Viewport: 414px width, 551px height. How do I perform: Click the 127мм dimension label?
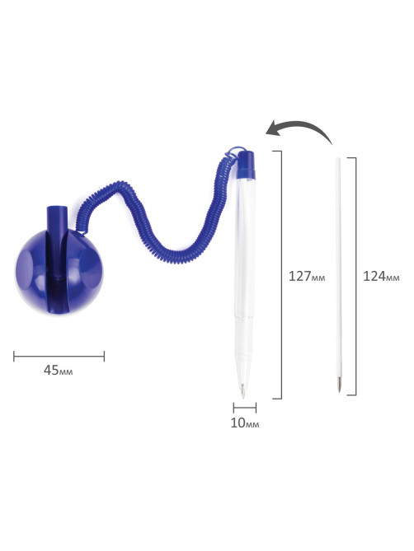tap(307, 276)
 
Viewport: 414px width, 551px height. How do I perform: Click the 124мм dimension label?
tap(381, 276)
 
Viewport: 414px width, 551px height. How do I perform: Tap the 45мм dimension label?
tap(59, 370)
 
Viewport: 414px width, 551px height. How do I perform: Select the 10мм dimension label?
tap(245, 423)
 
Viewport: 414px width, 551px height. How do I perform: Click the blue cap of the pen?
tap(246, 165)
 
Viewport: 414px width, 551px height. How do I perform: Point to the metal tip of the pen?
tap(242, 390)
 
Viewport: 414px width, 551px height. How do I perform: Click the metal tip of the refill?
tap(339, 385)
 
